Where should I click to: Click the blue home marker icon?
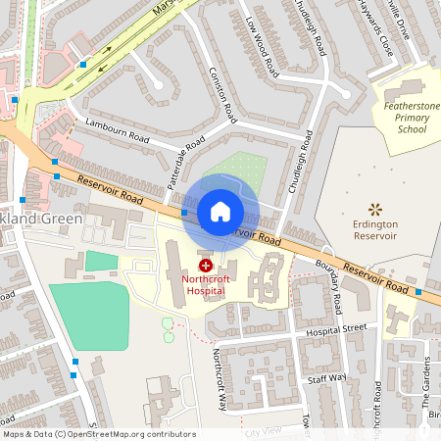pyautogui.click(x=220, y=211)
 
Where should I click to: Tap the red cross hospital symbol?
pyautogui.click(x=207, y=265)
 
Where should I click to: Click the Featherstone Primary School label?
pyautogui.click(x=406, y=116)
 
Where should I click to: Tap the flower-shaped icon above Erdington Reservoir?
pyautogui.click(x=373, y=208)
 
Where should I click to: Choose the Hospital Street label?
pyautogui.click(x=336, y=328)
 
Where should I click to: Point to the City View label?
pyautogui.click(x=263, y=431)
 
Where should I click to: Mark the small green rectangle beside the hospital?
pyautogui.click(x=100, y=261)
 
